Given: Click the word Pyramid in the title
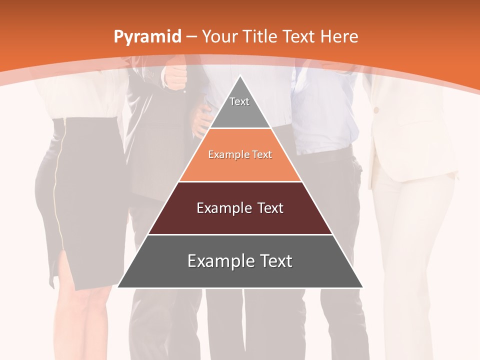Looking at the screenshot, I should pos(147,37).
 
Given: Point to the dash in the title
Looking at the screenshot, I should pos(191,37).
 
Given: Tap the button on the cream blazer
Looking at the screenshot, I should pos(376,109).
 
